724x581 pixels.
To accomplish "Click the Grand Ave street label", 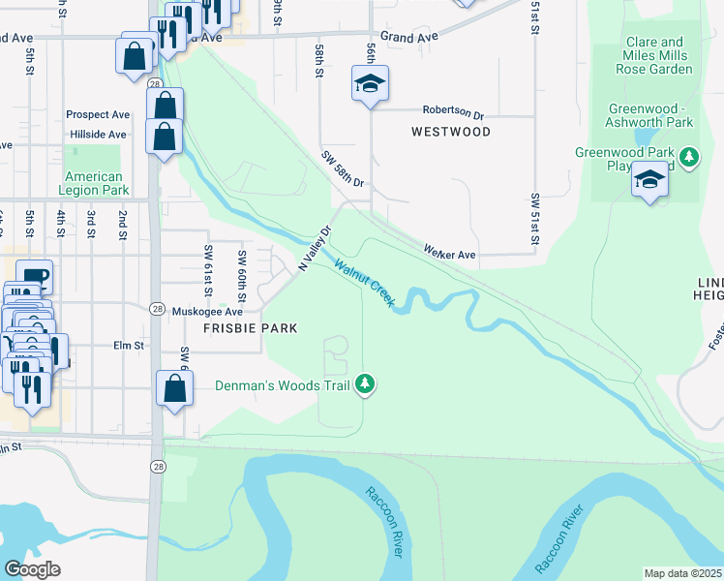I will tap(409, 36).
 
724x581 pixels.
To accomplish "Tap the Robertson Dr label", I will tap(452, 111).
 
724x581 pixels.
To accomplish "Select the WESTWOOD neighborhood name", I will tap(450, 131).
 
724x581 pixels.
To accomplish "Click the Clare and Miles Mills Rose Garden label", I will tap(655, 56).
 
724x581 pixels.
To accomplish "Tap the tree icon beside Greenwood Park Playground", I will tap(689, 157).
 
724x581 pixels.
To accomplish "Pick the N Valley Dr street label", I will tap(315, 248).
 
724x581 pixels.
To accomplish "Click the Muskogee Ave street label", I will tap(206, 312).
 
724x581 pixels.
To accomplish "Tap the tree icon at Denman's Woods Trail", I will tap(365, 385).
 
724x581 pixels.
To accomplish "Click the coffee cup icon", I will tap(34, 275).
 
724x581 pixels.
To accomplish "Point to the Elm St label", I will tap(128, 345).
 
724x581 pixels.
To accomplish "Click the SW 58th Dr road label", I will tap(344, 168).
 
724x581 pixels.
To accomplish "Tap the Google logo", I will tap(33, 568).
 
